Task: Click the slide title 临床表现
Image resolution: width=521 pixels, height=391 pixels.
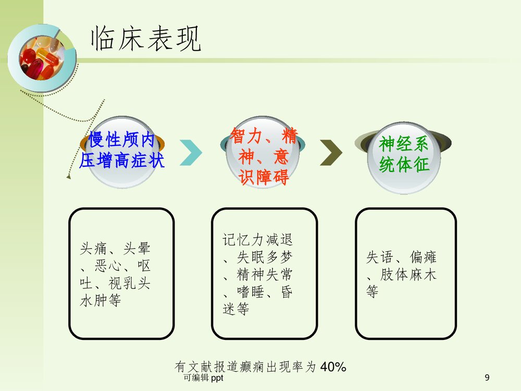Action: pos(146,39)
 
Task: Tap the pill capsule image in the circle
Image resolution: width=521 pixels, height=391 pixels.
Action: pos(38,58)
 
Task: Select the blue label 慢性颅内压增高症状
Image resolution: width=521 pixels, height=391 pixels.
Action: pos(122,150)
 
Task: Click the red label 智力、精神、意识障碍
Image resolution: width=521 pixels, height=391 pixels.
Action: pos(264,157)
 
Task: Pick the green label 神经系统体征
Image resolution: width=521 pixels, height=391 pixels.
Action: pos(404,154)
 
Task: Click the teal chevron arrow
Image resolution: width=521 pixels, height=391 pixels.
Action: pos(191,151)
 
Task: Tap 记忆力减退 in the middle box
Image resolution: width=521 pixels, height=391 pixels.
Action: pos(258,240)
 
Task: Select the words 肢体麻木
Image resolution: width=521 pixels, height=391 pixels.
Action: pos(408,275)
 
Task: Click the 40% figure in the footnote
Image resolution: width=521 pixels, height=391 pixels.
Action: pos(333,367)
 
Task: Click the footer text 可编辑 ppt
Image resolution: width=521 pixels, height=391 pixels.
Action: pos(204,378)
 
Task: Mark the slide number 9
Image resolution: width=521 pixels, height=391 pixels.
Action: pos(487,378)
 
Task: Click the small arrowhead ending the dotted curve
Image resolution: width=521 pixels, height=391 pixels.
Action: pos(68,177)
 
